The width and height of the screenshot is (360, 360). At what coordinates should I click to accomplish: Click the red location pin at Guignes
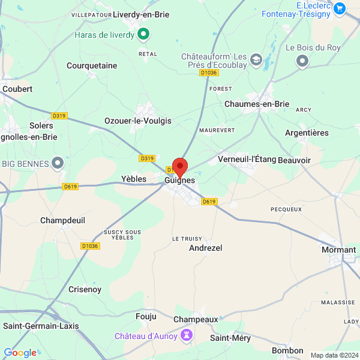pos(180,166)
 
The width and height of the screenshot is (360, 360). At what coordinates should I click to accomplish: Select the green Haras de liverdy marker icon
pos(143,35)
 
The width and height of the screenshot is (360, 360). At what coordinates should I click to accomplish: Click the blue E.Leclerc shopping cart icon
pos(340,8)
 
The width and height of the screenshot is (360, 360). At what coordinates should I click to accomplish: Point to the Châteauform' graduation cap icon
pos(256,59)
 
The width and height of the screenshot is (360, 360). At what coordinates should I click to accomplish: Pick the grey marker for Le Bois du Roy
pos(302,61)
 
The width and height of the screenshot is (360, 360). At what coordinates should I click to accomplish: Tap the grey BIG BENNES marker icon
pos(58,162)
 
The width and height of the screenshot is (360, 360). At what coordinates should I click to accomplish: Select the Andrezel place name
pos(206,248)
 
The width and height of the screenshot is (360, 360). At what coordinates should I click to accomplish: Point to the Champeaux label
pos(196,319)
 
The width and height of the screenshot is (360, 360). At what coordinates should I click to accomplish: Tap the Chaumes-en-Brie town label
pos(256,104)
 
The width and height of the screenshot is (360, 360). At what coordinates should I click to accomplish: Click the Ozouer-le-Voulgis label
pos(138,121)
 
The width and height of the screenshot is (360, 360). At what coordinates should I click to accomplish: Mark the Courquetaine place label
pos(92,65)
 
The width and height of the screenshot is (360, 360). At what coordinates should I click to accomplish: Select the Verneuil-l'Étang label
pos(247,159)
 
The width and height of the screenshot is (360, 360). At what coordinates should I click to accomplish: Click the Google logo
pos(20,353)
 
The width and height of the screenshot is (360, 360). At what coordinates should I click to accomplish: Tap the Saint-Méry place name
pos(230,338)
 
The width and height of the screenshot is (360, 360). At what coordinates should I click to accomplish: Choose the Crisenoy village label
pos(85,289)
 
